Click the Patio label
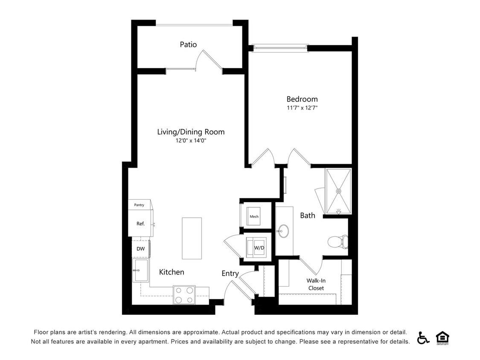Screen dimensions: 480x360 (x=188, y=45)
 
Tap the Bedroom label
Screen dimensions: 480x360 (x=302, y=99)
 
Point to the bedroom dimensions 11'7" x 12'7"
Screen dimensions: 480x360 (x=302, y=108)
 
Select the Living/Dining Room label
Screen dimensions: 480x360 (x=191, y=132)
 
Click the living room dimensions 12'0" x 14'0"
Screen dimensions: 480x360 (x=191, y=141)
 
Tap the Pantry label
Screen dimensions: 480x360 (x=139, y=205)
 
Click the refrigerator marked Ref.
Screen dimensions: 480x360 (x=141, y=223)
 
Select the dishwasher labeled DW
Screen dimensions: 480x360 (x=141, y=249)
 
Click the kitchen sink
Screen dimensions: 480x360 (x=140, y=270)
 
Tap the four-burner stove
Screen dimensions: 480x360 (x=184, y=295)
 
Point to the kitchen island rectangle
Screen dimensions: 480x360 (x=192, y=238)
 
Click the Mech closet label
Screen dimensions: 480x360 (x=254, y=216)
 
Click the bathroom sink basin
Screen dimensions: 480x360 (x=283, y=232)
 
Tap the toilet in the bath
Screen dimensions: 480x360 (x=338, y=241)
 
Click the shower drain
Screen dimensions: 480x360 (x=339, y=191)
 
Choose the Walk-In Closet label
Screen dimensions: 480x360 (x=316, y=285)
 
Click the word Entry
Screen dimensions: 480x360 (x=230, y=274)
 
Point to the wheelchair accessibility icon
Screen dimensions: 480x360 (x=423, y=338)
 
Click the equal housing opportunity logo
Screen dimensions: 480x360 (x=442, y=338)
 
